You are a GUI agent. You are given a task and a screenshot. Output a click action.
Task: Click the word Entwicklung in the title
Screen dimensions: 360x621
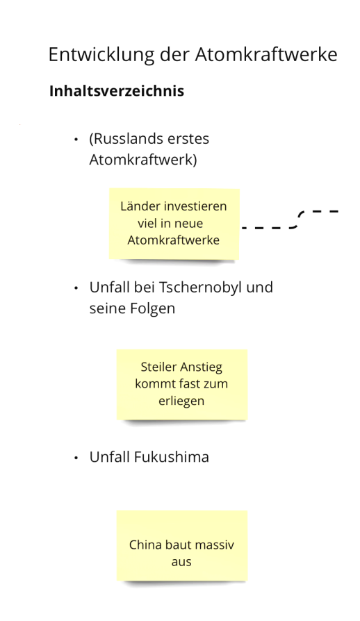[101, 55]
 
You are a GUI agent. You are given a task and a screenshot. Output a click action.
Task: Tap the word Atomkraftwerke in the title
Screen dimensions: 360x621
[266, 55]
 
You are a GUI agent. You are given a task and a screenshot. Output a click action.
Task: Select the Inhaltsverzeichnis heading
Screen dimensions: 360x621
[117, 91]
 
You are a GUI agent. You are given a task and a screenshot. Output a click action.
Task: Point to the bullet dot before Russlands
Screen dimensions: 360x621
[76, 140]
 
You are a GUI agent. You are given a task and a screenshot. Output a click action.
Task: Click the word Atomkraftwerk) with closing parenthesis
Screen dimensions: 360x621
[143, 160]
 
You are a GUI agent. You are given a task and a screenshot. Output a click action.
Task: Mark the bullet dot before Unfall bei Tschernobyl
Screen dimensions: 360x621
[76, 288]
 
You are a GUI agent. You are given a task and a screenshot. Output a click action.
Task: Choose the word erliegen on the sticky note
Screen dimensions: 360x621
[181, 401]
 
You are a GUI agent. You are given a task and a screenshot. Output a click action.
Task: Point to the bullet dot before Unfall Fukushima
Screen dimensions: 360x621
[76, 458]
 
